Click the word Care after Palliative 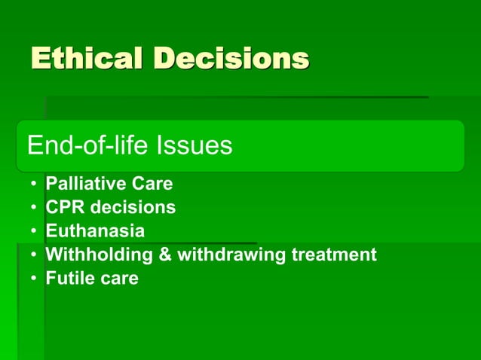coord(150,183)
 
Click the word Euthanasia coord(95,230)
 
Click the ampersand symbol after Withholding coord(165,255)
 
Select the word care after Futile coord(118,279)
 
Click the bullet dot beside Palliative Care coord(33,184)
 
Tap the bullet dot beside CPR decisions coord(33,208)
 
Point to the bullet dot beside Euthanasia coord(33,231)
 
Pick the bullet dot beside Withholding coord(33,255)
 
